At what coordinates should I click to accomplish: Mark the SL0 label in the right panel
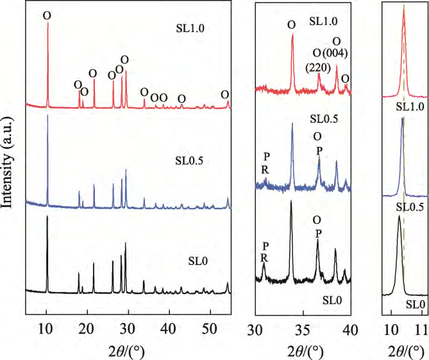point(414,304)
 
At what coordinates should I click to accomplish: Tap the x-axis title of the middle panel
point(302,350)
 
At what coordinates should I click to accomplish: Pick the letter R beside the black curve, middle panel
point(265,258)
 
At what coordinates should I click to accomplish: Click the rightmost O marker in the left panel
point(225,94)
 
